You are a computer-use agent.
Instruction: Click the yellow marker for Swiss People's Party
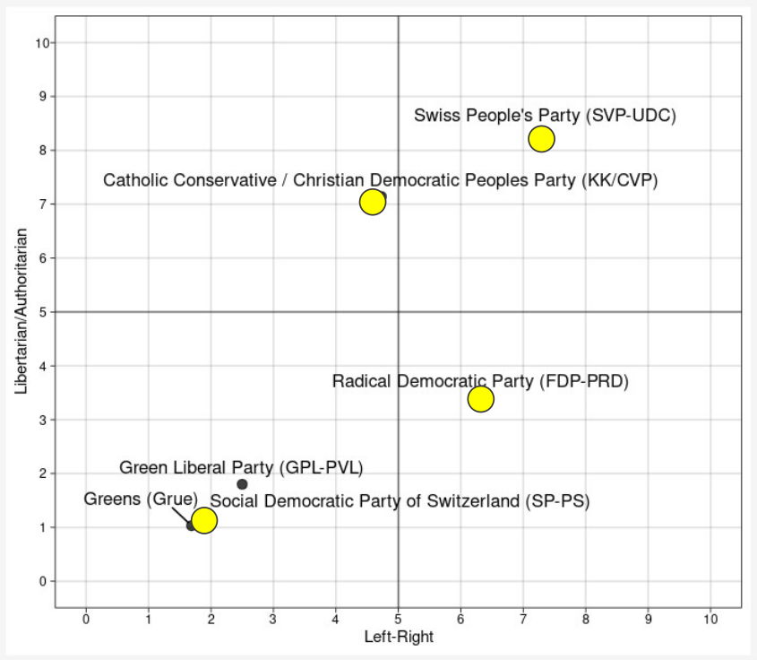(541, 139)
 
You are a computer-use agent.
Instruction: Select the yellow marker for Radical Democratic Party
(481, 398)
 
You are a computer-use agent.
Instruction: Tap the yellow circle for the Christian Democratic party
(373, 202)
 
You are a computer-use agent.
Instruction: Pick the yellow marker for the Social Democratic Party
(204, 520)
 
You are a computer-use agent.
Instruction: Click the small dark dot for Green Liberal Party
(242, 484)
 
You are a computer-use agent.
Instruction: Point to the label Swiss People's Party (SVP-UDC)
(545, 116)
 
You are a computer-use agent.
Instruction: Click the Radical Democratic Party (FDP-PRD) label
(480, 381)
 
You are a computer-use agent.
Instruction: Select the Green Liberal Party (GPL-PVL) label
(241, 467)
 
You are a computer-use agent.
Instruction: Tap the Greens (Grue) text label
(141, 499)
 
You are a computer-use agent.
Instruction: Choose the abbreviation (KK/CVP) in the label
(620, 180)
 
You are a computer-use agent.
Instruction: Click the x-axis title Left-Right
(399, 638)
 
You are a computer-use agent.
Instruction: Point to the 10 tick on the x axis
(710, 619)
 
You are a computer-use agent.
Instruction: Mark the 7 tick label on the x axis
(523, 619)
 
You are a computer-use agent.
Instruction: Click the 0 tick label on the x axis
(86, 619)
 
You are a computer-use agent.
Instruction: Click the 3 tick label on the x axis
(273, 619)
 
